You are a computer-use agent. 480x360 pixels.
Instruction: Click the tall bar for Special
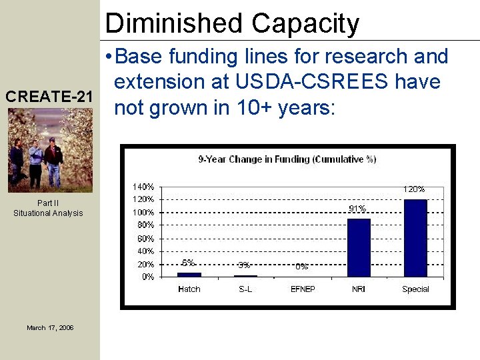click(x=415, y=237)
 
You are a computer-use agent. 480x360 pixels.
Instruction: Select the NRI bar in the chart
click(x=359, y=247)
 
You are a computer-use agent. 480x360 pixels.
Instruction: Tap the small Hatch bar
click(x=189, y=274)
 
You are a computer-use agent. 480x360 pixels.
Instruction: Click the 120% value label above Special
click(x=413, y=189)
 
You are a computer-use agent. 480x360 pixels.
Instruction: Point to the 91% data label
click(x=357, y=209)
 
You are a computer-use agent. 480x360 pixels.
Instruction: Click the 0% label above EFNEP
click(x=301, y=266)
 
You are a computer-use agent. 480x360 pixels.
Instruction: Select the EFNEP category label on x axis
click(x=302, y=289)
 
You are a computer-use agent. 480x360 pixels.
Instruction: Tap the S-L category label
click(x=245, y=289)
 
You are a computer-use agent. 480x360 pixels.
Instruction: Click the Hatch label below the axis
click(x=189, y=289)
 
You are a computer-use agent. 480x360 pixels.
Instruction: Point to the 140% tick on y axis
click(x=143, y=187)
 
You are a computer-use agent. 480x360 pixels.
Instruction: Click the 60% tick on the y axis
click(x=145, y=238)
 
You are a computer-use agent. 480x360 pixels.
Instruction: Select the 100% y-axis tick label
click(x=143, y=212)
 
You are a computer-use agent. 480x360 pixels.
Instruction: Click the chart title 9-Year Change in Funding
click(x=287, y=159)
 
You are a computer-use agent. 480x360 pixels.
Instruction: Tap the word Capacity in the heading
click(x=305, y=23)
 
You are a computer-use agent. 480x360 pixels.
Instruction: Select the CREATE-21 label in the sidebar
click(x=49, y=97)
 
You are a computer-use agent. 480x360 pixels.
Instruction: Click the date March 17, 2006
click(x=50, y=327)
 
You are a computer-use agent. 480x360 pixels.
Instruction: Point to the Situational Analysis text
click(x=48, y=213)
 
